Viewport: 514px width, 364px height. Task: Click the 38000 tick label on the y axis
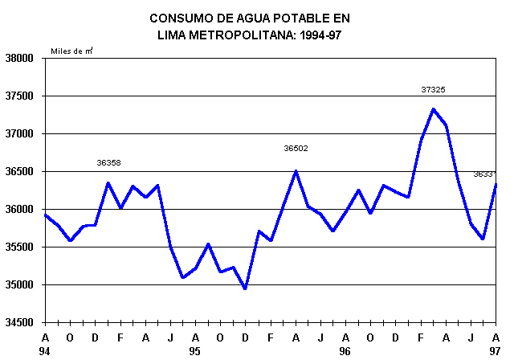(21, 59)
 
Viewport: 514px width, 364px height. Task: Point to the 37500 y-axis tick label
(21, 96)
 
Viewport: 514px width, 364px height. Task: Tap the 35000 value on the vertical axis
(21, 285)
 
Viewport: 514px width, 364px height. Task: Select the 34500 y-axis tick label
(21, 323)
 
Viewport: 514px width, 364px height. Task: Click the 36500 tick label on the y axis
(21, 172)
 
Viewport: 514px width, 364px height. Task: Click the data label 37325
(433, 90)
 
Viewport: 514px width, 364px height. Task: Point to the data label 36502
(296, 148)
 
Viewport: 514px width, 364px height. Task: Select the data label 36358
(108, 162)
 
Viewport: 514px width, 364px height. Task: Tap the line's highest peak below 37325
(433, 108)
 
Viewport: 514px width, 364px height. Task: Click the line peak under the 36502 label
(296, 170)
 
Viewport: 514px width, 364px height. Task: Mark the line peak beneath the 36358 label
(108, 182)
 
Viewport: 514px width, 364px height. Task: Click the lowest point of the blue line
(245, 288)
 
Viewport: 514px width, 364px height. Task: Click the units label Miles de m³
(71, 51)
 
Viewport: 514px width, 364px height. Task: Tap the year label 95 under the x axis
(195, 350)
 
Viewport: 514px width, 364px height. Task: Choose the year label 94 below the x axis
(45, 350)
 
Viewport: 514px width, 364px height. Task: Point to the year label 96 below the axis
(345, 350)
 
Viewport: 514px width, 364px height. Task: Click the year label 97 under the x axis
(496, 350)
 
